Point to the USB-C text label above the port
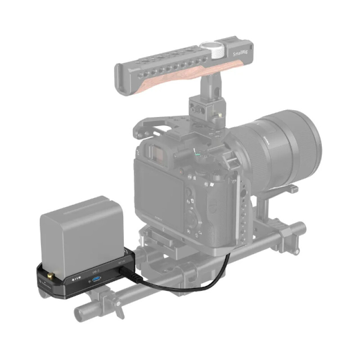tap(95, 271)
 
